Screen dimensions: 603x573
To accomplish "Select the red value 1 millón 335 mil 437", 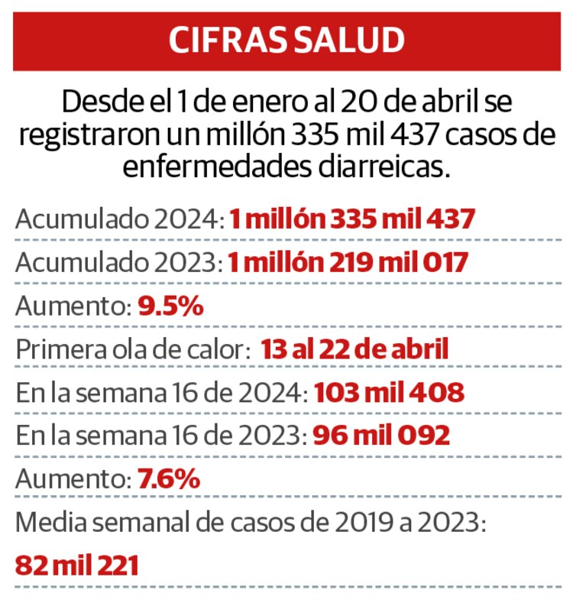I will click(x=352, y=220).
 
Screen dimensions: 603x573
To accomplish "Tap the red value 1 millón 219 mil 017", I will click(x=348, y=263).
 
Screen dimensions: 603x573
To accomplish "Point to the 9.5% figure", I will click(x=170, y=306).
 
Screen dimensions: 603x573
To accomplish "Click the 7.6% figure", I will click(x=169, y=480).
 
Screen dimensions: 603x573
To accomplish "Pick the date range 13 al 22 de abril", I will click(x=354, y=350).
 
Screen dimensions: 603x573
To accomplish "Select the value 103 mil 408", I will click(x=389, y=393).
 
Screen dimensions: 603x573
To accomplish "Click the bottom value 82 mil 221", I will click(x=77, y=566).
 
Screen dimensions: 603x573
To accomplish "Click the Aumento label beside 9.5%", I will click(x=73, y=306).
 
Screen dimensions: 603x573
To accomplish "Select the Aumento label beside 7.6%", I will click(x=73, y=480).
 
